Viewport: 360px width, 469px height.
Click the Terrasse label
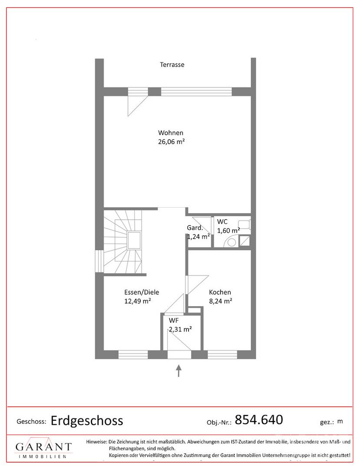(172, 65)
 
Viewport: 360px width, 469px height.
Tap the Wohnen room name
(171, 133)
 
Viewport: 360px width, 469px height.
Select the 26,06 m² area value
(172, 142)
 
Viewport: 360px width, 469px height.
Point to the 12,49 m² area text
(138, 301)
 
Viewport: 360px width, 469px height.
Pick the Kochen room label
(220, 292)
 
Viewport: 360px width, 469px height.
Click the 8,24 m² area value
(221, 301)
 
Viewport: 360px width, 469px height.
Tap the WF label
(174, 320)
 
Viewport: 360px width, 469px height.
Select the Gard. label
(195, 228)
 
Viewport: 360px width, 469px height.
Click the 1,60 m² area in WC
(228, 231)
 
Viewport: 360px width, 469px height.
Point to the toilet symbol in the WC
(244, 225)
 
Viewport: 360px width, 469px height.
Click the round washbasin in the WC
(232, 242)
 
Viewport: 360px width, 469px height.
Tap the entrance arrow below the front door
(179, 370)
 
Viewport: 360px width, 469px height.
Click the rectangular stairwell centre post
(134, 241)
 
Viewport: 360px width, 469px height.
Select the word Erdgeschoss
(87, 421)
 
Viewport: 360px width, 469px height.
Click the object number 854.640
(259, 419)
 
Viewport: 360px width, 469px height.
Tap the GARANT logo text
(44, 447)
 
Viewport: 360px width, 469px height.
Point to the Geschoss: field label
(31, 422)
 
